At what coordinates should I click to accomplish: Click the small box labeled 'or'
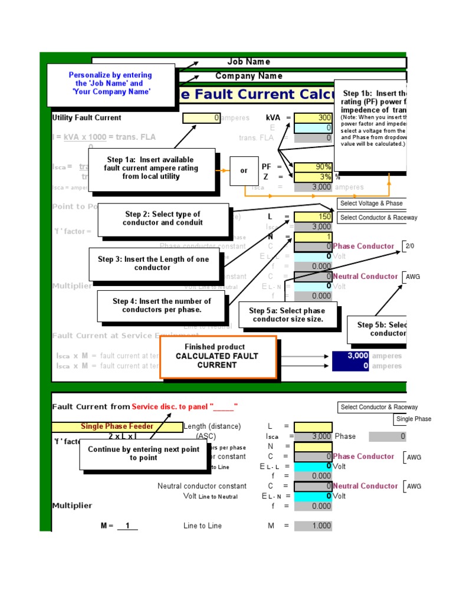(x=244, y=171)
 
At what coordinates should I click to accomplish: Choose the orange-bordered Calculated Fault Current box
(x=218, y=356)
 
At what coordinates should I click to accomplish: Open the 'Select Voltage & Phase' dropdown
(x=371, y=203)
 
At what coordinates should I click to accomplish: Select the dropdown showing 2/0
(x=410, y=246)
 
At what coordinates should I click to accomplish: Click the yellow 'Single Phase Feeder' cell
(x=117, y=426)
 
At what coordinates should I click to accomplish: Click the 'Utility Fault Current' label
(x=87, y=118)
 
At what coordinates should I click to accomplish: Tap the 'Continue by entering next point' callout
(x=143, y=454)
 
